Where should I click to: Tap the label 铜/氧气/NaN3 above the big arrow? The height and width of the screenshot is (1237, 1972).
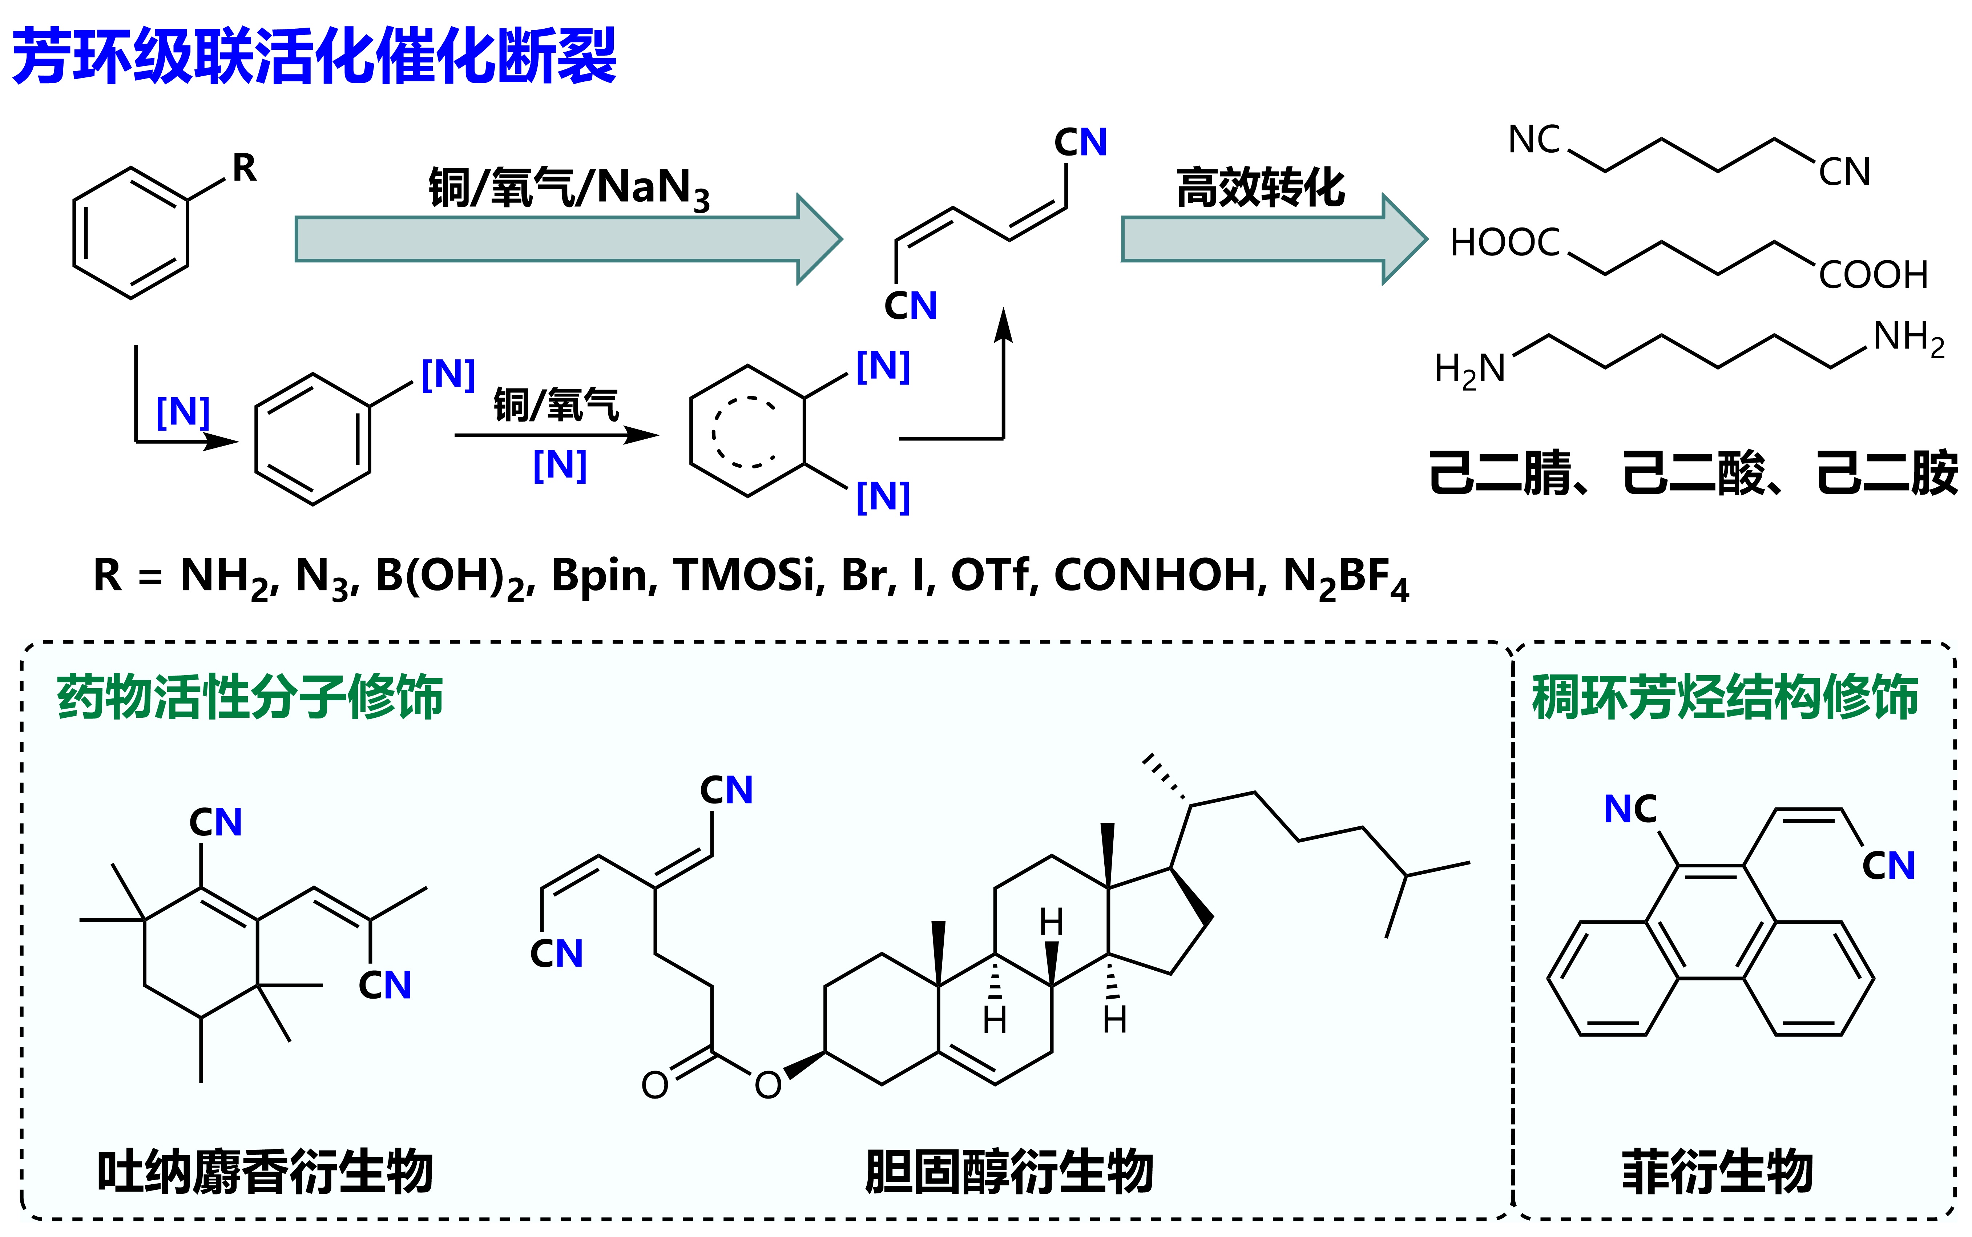568,188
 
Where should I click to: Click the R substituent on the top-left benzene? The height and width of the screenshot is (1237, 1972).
244,169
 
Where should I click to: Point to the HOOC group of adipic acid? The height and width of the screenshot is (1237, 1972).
1505,243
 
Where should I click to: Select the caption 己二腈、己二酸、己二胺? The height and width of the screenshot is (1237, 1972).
1693,473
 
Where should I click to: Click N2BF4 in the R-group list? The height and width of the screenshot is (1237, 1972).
1346,577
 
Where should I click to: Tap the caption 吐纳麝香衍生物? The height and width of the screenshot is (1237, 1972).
264,1172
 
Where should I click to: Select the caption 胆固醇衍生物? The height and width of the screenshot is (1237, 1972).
1008,1172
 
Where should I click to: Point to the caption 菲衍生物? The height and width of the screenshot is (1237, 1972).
1718,1172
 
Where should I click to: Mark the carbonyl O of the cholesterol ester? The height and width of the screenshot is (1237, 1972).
654,1085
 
